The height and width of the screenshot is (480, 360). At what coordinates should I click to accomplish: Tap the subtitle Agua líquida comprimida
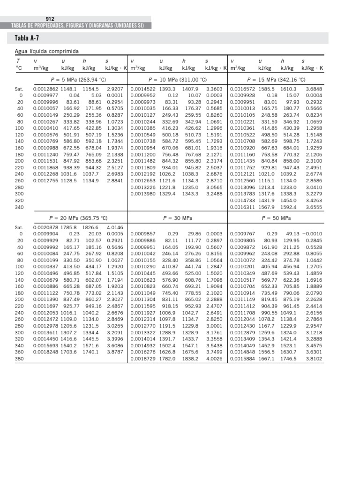pyautogui.click(x=47, y=51)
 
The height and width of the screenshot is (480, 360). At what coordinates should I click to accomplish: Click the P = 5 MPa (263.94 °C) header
pyautogui.click(x=78, y=79)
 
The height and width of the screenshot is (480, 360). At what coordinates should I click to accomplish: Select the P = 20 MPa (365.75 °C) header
pyautogui.click(x=78, y=218)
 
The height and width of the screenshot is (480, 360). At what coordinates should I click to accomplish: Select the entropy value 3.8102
pyautogui.click(x=314, y=358)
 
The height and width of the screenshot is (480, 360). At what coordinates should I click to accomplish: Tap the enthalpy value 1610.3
pyautogui.click(x=289, y=89)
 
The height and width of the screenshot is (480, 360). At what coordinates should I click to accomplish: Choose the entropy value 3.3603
pyautogui.click(x=214, y=89)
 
